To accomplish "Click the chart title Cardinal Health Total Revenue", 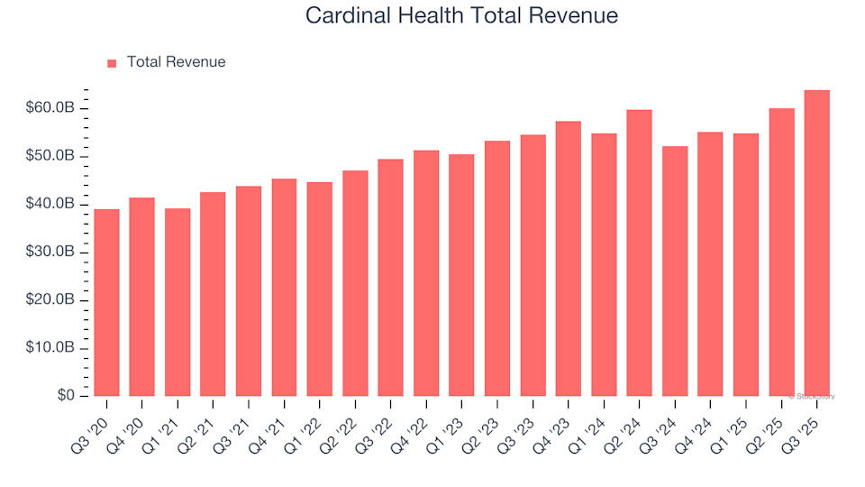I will [x=461, y=15].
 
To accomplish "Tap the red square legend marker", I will [x=112, y=63].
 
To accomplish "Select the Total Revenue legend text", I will [x=176, y=62].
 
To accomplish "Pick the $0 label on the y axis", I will [x=66, y=396].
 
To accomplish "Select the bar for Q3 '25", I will [x=816, y=243].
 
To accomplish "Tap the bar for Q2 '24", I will [x=639, y=253].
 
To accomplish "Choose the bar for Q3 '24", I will [x=675, y=271].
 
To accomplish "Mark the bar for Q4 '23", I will [x=568, y=259].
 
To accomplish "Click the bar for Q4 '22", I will [x=426, y=273].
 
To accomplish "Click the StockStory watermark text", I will [x=813, y=396].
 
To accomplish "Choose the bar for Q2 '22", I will [x=355, y=283].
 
